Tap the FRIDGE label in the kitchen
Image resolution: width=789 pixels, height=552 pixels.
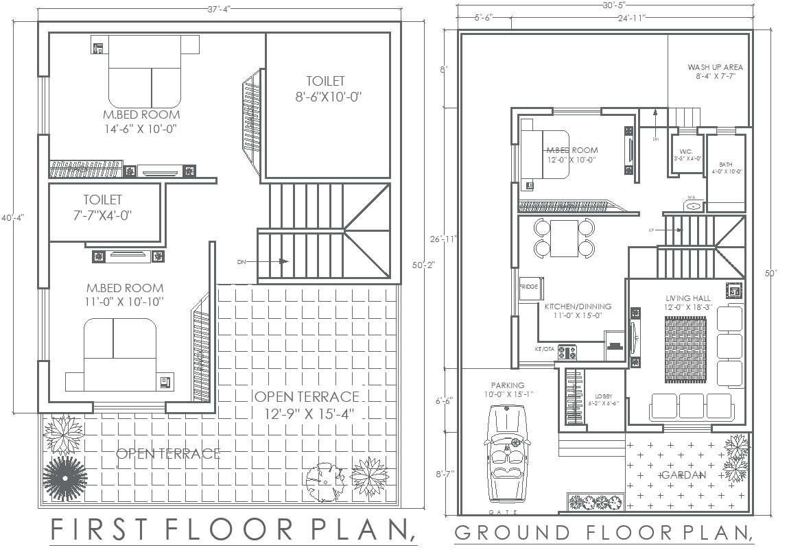pyautogui.click(x=528, y=287)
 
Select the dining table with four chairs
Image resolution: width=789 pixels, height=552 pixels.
pyautogui.click(x=564, y=237)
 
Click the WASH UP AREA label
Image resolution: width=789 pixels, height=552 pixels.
pyautogui.click(x=715, y=67)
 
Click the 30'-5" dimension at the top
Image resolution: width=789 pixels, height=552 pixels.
pyautogui.click(x=604, y=5)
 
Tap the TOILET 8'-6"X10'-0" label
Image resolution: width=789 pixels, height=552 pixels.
pyautogui.click(x=325, y=89)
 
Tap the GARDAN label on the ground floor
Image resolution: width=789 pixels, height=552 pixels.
pyautogui.click(x=683, y=475)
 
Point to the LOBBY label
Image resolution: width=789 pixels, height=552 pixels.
pyautogui.click(x=603, y=396)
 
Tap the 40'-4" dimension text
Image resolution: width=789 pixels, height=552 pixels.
pyautogui.click(x=12, y=217)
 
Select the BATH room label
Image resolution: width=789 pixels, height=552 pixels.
pyautogui.click(x=726, y=165)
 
